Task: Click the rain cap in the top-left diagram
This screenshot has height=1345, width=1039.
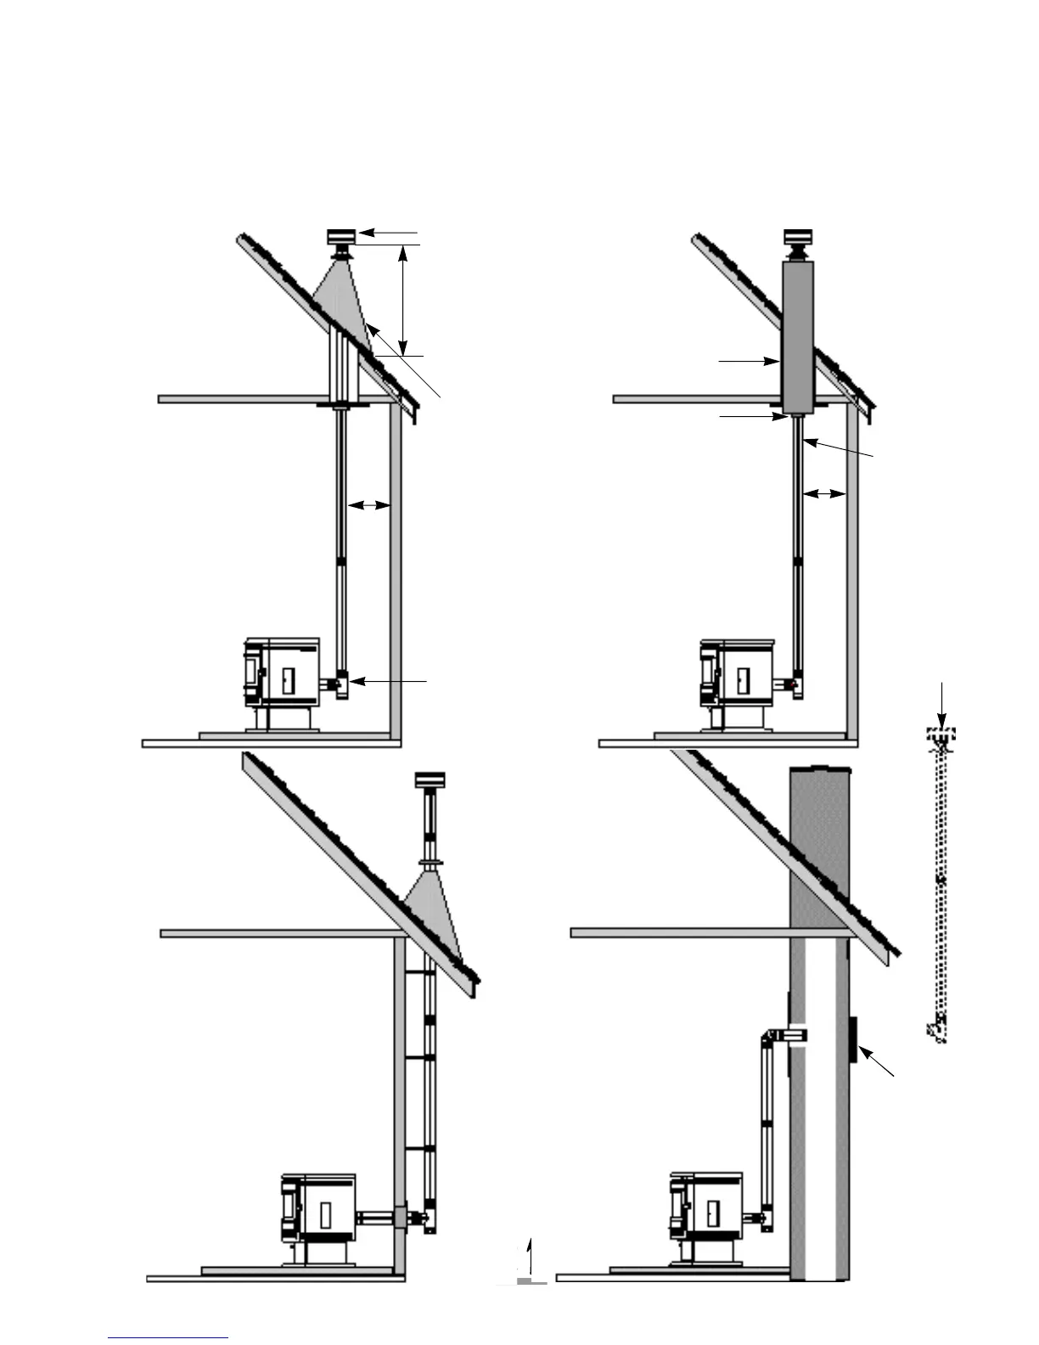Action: [340, 236]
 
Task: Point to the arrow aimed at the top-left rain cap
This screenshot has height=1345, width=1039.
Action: [387, 231]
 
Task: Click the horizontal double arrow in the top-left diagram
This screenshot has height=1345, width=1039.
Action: [368, 505]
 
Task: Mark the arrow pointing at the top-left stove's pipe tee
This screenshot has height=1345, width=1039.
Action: [389, 681]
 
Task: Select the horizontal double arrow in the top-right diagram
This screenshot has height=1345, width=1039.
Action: [824, 492]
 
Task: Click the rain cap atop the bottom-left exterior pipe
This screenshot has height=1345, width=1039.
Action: [430, 779]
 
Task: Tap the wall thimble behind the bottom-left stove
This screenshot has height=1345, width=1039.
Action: [401, 1218]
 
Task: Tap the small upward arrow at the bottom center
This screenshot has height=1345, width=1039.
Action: [529, 1255]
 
